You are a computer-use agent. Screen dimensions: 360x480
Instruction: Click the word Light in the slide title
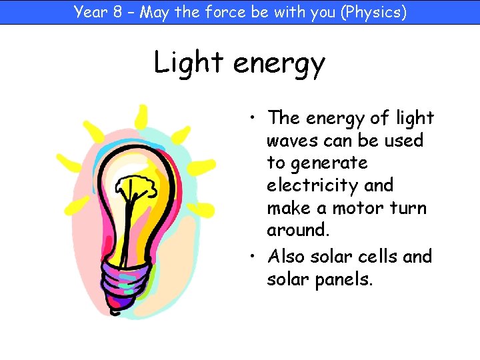click(189, 63)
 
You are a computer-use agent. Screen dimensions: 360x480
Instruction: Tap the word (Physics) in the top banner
click(373, 11)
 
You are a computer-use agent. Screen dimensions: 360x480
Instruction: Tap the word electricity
click(313, 185)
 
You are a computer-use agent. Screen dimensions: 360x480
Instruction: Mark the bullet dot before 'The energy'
click(255, 119)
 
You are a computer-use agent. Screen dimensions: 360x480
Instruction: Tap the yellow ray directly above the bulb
click(141, 116)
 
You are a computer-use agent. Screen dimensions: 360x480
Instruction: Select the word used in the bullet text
click(404, 141)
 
